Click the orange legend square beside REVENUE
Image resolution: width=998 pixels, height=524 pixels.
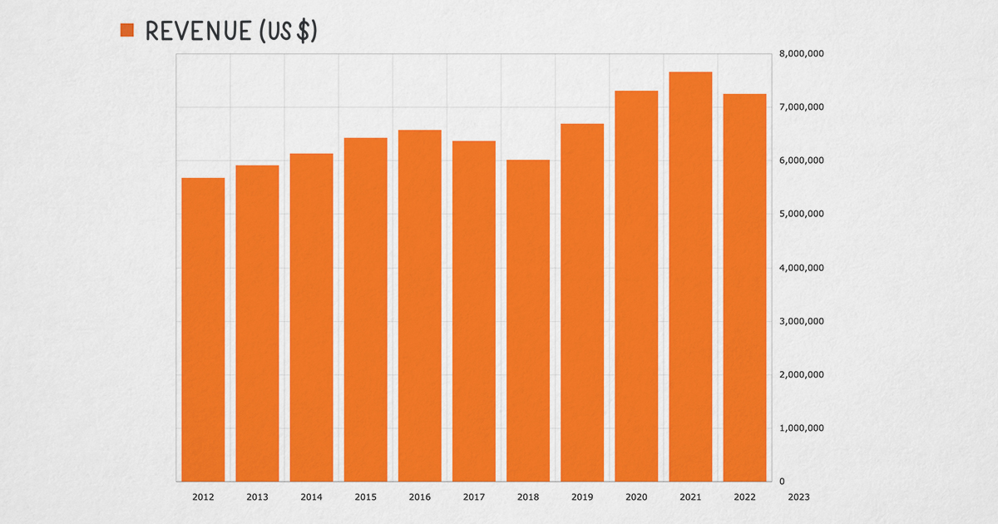127,31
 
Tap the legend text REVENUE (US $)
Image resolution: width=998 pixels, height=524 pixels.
231,31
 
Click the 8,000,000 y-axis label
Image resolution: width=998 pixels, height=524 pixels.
801,54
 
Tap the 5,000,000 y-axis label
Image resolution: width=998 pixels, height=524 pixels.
801,215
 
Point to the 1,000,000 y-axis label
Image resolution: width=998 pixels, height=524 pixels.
801,428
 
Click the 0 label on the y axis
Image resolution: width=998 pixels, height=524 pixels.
782,482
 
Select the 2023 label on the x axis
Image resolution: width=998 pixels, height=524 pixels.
798,497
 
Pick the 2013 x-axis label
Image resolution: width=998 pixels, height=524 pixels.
257,497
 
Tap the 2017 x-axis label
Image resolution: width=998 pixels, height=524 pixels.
474,497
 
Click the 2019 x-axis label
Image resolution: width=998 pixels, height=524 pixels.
582,497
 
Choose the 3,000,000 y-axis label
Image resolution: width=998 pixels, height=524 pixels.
801,321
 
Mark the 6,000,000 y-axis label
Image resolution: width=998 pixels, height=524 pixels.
801,161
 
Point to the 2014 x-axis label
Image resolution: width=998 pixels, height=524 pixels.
311,497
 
